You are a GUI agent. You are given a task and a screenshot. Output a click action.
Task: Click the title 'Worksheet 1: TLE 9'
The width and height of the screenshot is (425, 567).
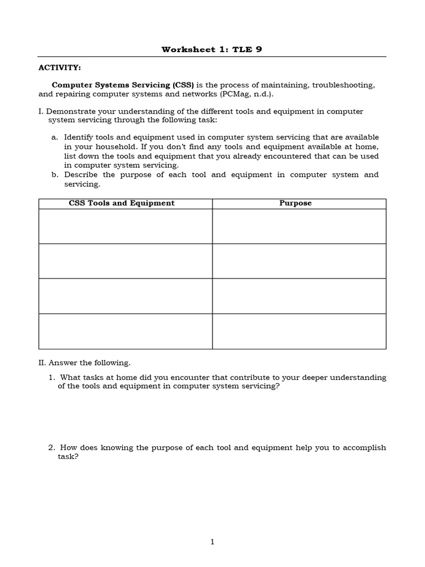(x=212, y=49)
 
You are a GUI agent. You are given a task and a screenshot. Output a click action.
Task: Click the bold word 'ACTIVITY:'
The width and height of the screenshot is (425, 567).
(x=59, y=68)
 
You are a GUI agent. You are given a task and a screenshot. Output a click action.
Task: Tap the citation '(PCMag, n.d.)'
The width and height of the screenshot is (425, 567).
(x=246, y=94)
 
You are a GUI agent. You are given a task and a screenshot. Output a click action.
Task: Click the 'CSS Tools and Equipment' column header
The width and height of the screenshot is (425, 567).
(x=121, y=203)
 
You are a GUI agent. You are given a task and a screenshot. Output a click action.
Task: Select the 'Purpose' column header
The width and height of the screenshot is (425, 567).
(x=296, y=203)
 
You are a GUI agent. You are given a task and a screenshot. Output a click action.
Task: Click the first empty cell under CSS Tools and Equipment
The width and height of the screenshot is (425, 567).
(x=125, y=226)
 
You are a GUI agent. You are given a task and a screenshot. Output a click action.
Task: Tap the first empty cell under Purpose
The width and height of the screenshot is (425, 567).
(x=299, y=226)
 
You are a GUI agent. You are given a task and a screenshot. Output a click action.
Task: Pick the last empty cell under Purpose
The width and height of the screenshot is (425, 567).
(x=299, y=331)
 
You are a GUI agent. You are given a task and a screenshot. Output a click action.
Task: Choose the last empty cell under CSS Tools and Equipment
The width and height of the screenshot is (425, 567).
(x=125, y=331)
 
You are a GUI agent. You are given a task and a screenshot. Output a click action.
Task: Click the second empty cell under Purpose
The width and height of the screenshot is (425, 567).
(x=299, y=261)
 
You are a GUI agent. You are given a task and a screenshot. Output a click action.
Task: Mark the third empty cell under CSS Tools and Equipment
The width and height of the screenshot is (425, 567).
(x=125, y=296)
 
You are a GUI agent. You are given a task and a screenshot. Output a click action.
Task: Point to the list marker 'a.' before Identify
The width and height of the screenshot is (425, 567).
(x=54, y=137)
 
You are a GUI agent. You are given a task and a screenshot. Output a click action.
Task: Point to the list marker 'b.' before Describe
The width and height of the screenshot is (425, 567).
(x=54, y=174)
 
